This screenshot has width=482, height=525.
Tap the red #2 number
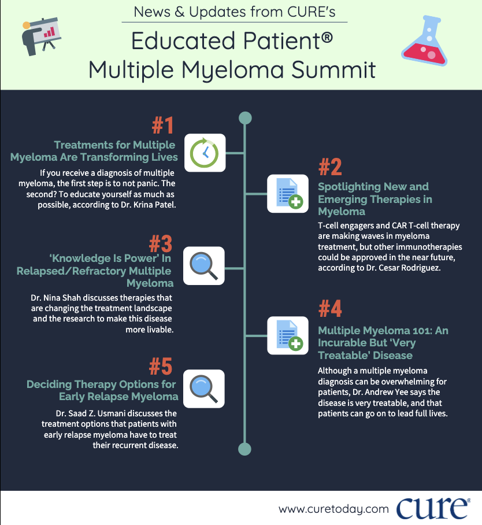point(330,167)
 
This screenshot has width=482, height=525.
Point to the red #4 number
point(331,309)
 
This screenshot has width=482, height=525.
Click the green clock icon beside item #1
point(204,153)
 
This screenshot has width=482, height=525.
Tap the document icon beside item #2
point(288,194)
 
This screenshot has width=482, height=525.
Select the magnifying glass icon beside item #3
point(204,265)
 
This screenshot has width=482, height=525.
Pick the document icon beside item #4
point(288,335)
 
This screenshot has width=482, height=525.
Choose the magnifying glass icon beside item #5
point(204,389)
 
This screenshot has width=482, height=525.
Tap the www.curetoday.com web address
point(333,509)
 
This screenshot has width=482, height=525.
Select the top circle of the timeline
point(245,118)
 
